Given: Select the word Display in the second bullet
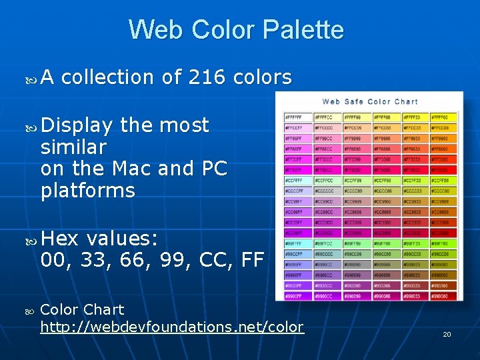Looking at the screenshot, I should coord(77,125).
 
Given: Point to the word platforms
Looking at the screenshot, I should coord(87,191).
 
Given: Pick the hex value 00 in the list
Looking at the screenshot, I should coord(54,259).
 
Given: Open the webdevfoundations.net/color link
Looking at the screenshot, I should coord(172,327).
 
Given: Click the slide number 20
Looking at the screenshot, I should coord(447,334).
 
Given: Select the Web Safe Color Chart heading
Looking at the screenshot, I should coord(370,101).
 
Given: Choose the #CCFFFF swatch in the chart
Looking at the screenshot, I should coord(297,180).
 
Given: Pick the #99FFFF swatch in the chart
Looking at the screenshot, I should coord(297,245).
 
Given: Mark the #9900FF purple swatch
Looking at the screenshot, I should coord(297,295).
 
